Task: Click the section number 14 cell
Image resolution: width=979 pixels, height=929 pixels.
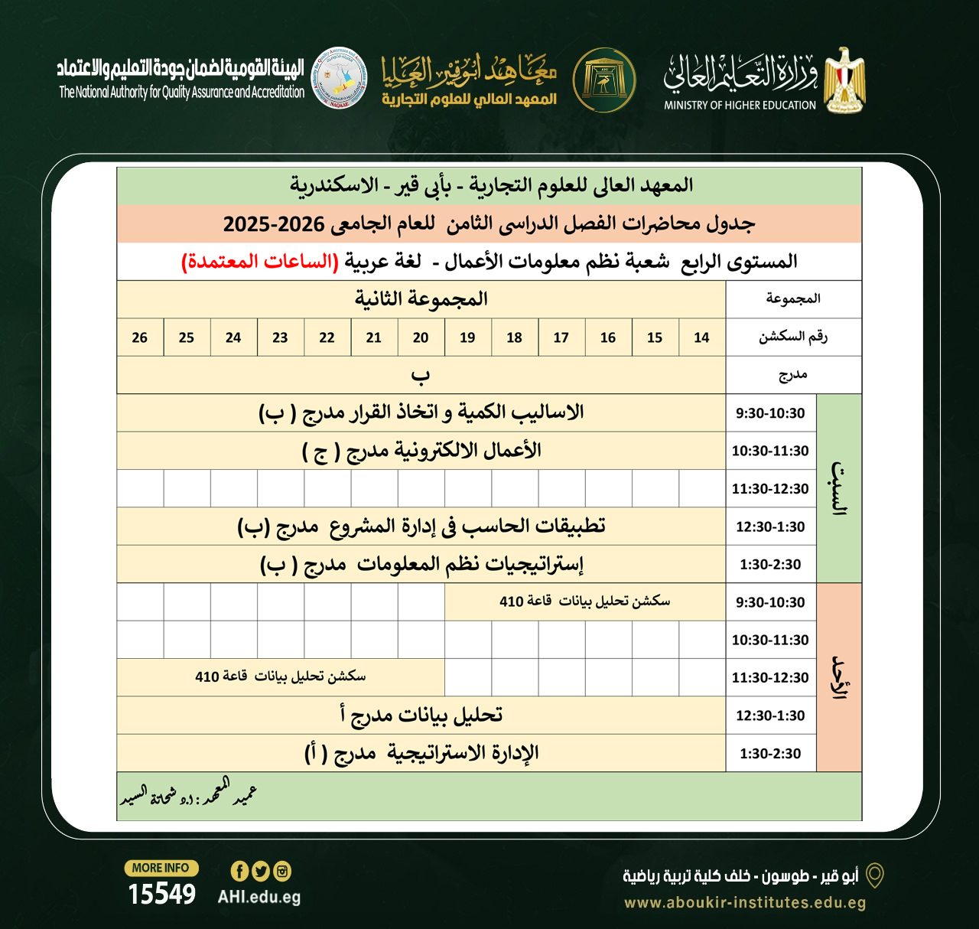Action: click(x=701, y=337)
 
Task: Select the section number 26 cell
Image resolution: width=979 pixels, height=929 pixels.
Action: click(x=140, y=337)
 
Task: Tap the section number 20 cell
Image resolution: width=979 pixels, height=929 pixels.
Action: click(x=421, y=337)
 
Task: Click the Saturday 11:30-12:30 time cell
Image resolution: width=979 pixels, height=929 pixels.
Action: click(x=770, y=489)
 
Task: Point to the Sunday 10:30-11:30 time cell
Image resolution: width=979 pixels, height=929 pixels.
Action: click(x=770, y=640)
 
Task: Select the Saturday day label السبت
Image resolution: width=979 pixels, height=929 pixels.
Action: click(x=839, y=489)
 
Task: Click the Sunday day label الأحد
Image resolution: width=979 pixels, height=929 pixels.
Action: click(x=839, y=677)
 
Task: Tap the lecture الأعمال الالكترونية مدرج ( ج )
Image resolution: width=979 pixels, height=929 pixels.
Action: click(x=421, y=451)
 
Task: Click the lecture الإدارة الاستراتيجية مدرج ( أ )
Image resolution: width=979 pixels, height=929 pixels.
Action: click(x=421, y=754)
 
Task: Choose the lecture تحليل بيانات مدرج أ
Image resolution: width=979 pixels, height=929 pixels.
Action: click(x=421, y=715)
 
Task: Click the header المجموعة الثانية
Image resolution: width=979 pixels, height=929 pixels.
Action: click(x=421, y=299)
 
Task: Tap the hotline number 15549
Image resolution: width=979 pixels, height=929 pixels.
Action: click(x=162, y=894)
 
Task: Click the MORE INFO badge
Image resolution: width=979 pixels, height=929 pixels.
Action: click(x=161, y=868)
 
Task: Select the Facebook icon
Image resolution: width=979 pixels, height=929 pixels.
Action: click(x=239, y=871)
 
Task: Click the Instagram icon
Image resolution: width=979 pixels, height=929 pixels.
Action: click(x=282, y=871)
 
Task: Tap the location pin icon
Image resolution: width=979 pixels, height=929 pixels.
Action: click(x=874, y=875)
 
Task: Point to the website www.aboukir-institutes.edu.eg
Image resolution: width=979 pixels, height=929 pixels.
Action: click(x=745, y=902)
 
